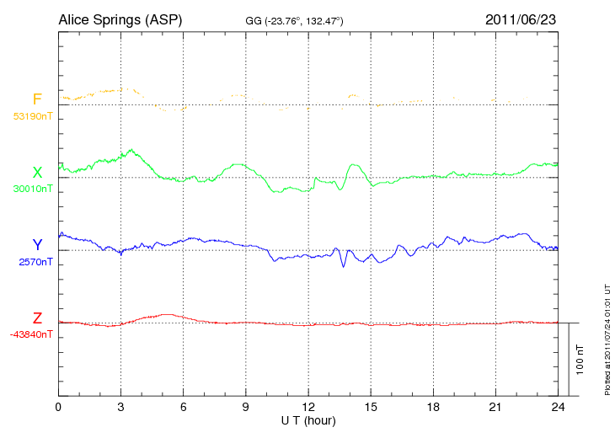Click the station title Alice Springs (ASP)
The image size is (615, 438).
click(120, 19)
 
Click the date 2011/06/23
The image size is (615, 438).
click(521, 19)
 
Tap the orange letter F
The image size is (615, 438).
click(37, 100)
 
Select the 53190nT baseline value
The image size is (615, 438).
click(32, 115)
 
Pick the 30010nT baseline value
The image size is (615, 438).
click(32, 189)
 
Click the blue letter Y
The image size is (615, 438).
click(37, 246)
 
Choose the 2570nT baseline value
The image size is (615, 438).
click(35, 262)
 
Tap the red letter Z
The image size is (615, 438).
click(37, 318)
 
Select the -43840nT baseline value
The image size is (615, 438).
click(31, 334)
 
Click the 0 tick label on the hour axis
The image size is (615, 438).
click(58, 407)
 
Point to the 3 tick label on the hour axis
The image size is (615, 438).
click(120, 407)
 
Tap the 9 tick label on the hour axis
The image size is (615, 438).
click(246, 407)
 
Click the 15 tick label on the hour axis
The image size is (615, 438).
click(371, 407)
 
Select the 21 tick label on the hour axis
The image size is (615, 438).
click(495, 407)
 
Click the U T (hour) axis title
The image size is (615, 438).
click(308, 419)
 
